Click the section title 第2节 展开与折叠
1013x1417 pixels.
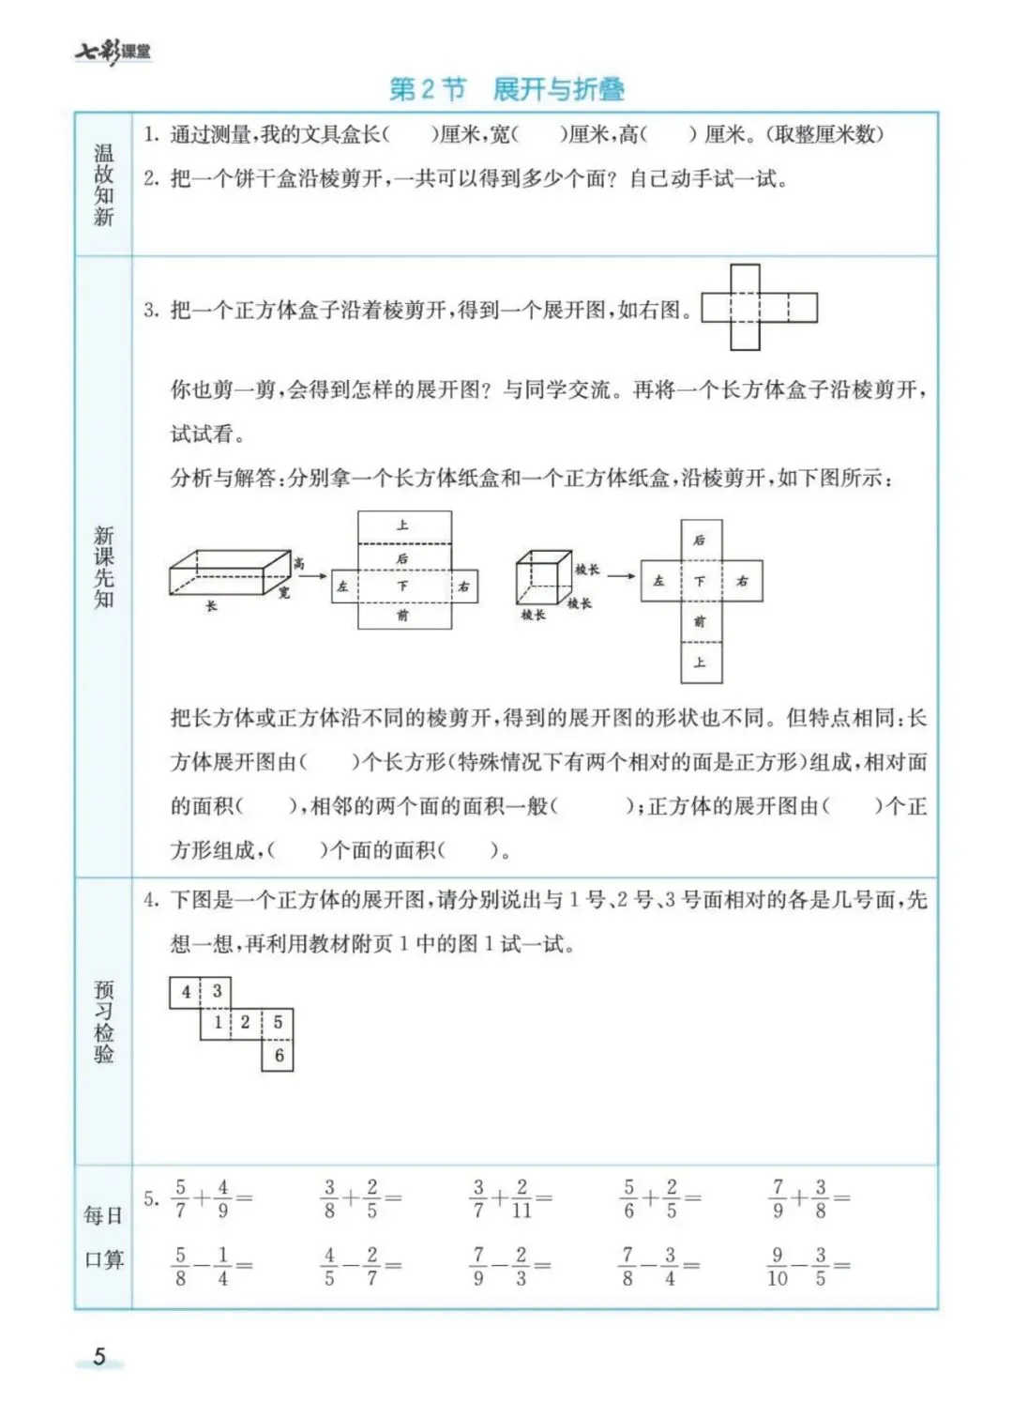pos(506,89)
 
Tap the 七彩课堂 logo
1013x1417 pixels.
pos(113,53)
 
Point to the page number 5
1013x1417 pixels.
pos(99,1356)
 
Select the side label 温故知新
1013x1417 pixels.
pos(103,185)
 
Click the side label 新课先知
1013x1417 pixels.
pos(103,567)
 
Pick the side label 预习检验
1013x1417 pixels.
pos(103,1022)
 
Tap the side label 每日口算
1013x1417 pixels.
pos(103,1237)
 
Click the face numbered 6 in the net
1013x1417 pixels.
pos(278,1055)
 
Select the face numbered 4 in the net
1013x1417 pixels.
pos(186,992)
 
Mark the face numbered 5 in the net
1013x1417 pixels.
pos(278,1022)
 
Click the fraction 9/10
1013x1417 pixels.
pos(778,1266)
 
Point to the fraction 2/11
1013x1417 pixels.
pos(522,1198)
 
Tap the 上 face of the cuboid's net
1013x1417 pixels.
pos(403,526)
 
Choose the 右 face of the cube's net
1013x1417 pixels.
pos(742,581)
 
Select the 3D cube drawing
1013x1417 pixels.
pos(543,577)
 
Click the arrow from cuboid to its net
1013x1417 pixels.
pos(314,576)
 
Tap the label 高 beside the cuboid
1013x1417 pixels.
pos(298,563)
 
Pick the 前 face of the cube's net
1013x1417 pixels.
pos(700,621)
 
